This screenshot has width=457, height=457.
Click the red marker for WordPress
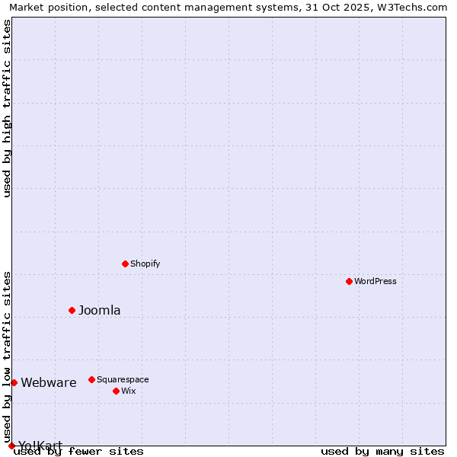(349, 281)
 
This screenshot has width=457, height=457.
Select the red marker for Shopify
(125, 264)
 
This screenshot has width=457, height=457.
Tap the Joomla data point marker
(72, 310)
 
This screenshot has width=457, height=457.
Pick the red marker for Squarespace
(91, 379)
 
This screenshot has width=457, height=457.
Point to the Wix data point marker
(116, 391)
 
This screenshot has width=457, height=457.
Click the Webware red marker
(14, 382)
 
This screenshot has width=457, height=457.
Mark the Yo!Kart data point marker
(11, 446)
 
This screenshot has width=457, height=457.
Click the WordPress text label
(376, 281)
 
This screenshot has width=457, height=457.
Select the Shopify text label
(145, 264)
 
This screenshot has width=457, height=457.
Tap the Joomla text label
(100, 310)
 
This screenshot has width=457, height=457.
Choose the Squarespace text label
(123, 379)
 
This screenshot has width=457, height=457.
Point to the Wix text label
(128, 391)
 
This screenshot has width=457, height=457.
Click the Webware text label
(49, 382)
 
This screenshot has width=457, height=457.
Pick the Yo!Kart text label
(40, 445)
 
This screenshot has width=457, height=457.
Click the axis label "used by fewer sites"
(78, 451)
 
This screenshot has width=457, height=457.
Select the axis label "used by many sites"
(382, 451)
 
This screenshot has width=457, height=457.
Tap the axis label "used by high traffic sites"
(7, 108)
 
